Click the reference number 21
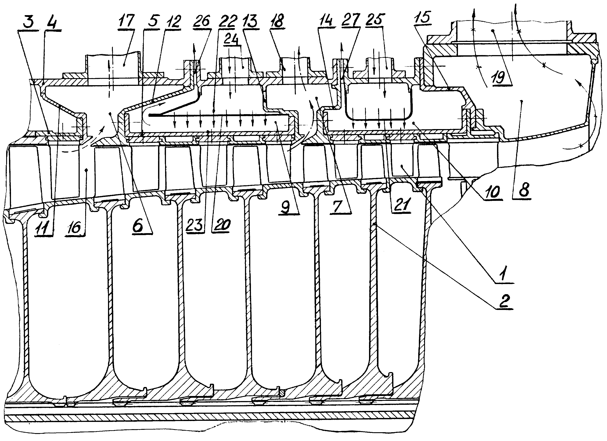pos(401,205)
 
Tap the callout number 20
pos(221,225)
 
